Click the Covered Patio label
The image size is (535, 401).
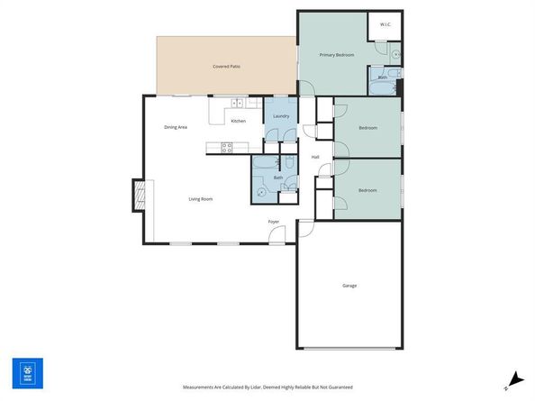(x=226, y=67)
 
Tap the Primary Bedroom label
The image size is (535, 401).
(x=337, y=55)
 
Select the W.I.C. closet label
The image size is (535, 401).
(x=385, y=24)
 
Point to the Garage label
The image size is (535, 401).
(x=349, y=286)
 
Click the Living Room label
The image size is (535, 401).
(x=200, y=199)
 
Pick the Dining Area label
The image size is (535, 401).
(x=176, y=128)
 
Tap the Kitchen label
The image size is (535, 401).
(x=239, y=121)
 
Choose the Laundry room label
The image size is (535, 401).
(x=281, y=116)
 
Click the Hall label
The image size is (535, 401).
(x=315, y=158)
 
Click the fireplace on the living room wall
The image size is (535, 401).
(x=139, y=195)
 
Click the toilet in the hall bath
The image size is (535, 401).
(x=261, y=191)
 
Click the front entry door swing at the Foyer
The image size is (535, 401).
(x=278, y=234)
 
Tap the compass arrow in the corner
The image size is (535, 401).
(x=512, y=380)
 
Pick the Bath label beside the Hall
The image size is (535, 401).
(x=278, y=178)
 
